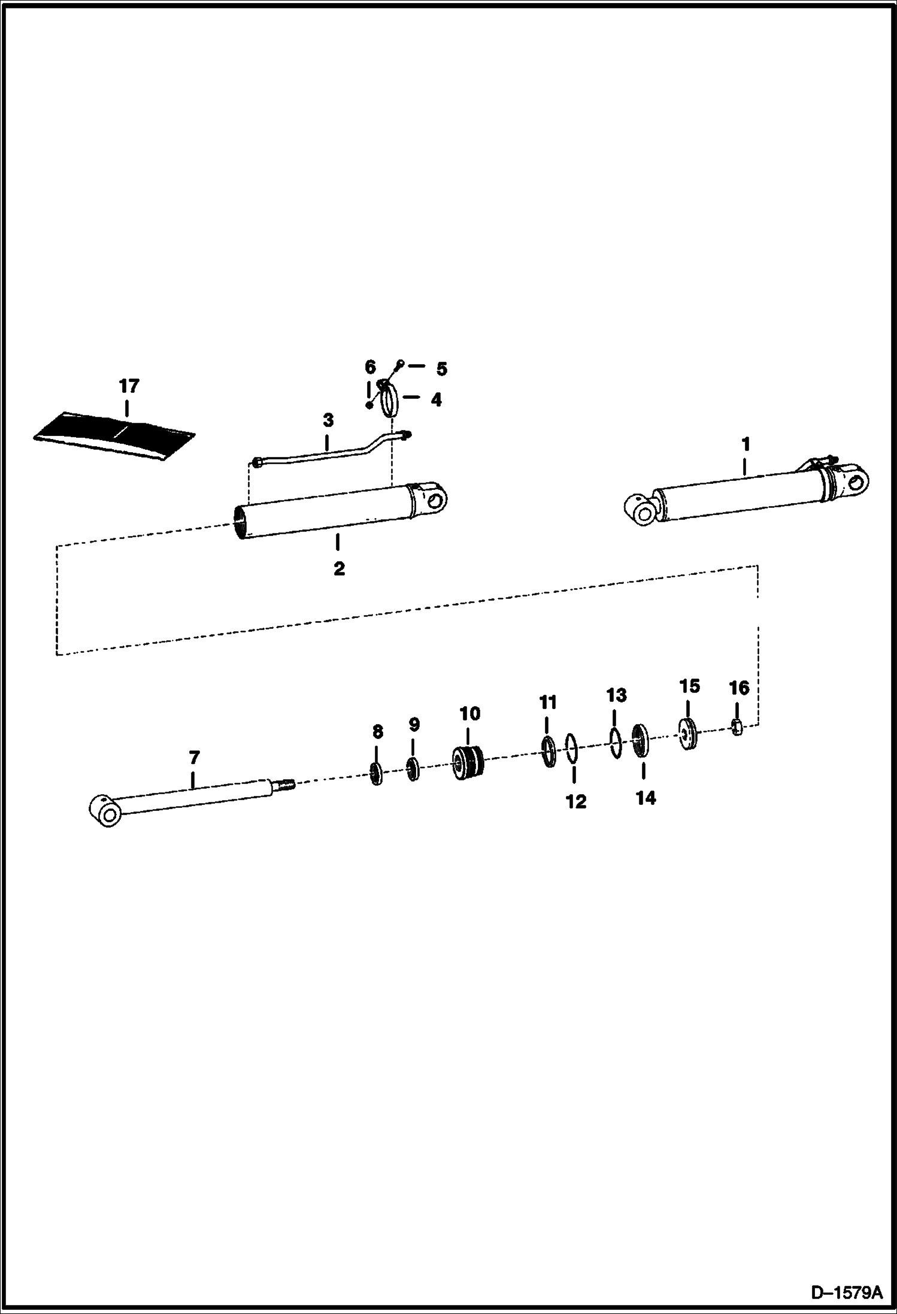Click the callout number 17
tap(129, 386)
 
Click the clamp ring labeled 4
tap(389, 399)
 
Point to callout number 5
tap(441, 369)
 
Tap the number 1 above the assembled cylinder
tap(746, 444)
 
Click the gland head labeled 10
tap(468, 763)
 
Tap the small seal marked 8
tap(377, 774)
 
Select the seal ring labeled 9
tap(413, 768)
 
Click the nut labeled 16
tap(738, 727)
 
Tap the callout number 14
tap(646, 798)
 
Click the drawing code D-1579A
tap(847, 1291)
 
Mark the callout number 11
tap(548, 702)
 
